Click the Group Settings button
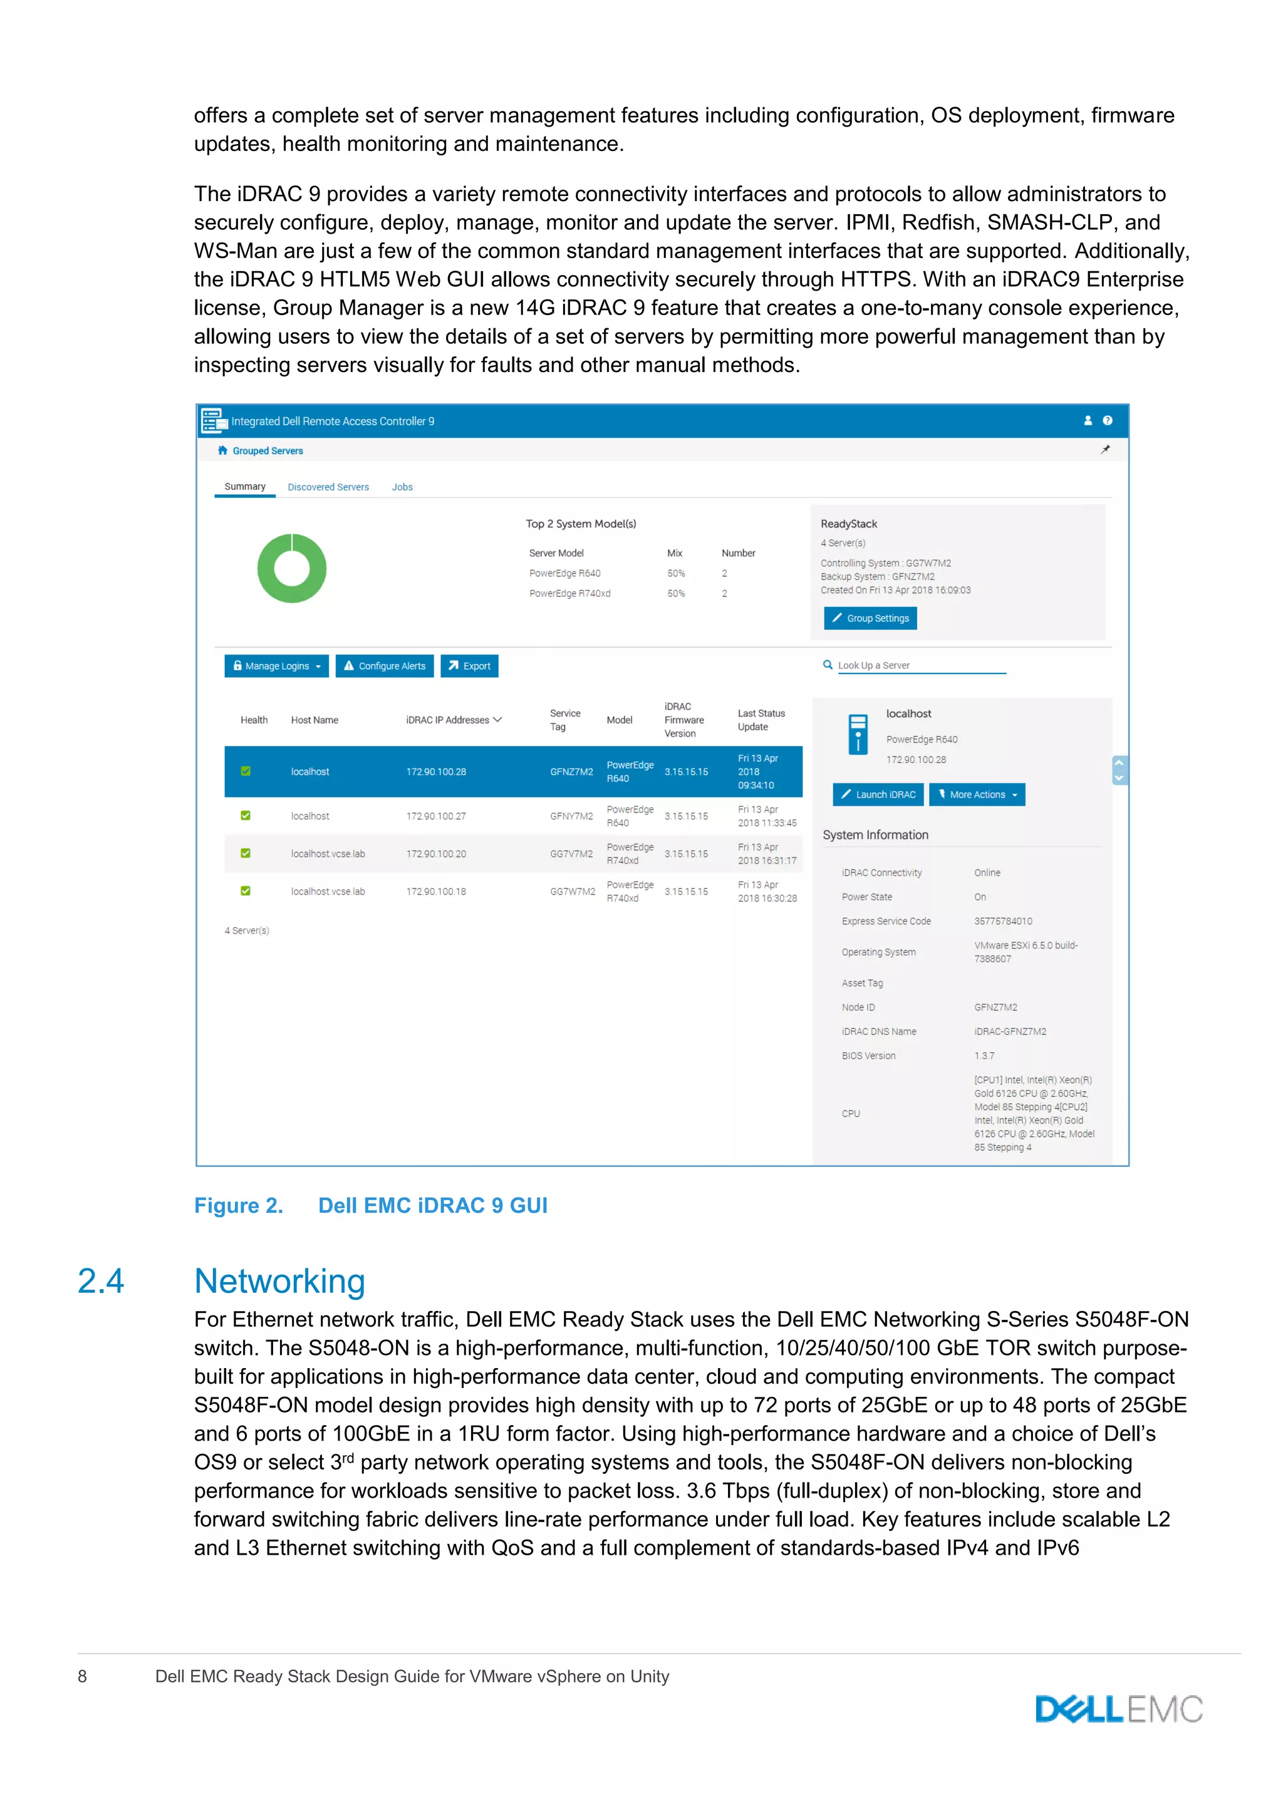tap(870, 618)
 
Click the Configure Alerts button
tap(384, 666)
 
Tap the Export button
tap(469, 666)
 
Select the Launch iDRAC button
tap(878, 795)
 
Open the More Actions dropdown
tap(977, 795)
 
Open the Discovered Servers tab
tap(328, 487)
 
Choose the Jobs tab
tap(402, 487)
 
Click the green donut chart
tap(291, 568)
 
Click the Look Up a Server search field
tap(920, 665)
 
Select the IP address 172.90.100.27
tap(436, 816)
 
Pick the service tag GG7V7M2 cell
tap(571, 854)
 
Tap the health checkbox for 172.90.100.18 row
tap(246, 891)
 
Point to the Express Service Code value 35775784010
tap(1002, 921)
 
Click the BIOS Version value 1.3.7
tap(984, 1055)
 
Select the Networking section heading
tap(279, 1281)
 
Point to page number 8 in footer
tap(82, 1676)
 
